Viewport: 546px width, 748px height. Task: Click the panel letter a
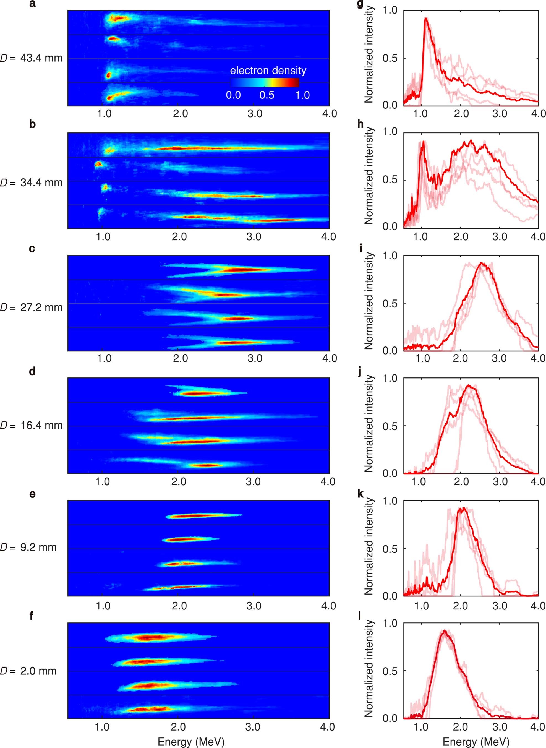[x=32, y=5]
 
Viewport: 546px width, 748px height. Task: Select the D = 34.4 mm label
[x=32, y=183]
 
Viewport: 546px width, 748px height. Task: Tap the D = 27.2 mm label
[x=32, y=307]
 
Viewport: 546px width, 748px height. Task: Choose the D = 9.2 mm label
[x=28, y=547]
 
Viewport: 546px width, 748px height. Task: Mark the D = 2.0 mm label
[x=28, y=671]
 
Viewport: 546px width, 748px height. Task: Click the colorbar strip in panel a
[x=264, y=82]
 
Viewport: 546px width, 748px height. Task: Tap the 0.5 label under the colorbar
[x=267, y=95]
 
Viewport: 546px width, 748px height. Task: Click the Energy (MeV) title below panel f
[x=191, y=741]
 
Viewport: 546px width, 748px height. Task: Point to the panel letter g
[x=360, y=5]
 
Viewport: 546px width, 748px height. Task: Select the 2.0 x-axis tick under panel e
[x=179, y=606]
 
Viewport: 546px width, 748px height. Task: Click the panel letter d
[x=32, y=372]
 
